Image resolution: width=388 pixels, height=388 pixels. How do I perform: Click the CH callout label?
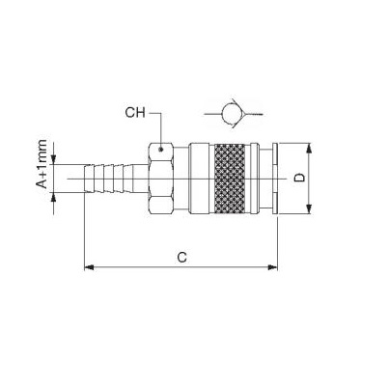[135, 113]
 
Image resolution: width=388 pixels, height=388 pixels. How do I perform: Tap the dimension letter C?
[181, 258]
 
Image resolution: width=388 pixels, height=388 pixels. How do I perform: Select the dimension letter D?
[299, 178]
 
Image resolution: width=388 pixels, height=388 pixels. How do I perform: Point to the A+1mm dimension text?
[42, 164]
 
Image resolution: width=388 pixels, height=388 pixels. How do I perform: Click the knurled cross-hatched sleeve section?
[230, 179]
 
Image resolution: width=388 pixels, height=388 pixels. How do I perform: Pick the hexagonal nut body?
[161, 179]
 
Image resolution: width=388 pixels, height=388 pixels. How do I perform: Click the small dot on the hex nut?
[161, 149]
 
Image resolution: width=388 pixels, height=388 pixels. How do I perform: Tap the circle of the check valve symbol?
[232, 114]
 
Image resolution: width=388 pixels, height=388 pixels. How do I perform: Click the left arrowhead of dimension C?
[89, 267]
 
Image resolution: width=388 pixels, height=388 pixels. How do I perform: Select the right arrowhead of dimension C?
[272, 267]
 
